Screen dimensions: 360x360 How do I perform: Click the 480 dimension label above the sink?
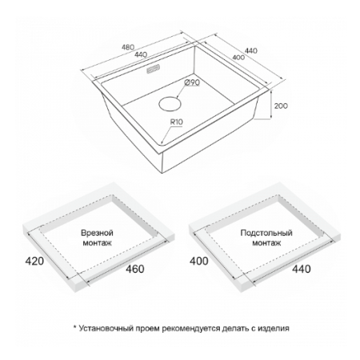tap(128, 47)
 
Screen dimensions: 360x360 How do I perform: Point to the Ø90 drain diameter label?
tap(192, 83)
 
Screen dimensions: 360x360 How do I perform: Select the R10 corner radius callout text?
tap(177, 122)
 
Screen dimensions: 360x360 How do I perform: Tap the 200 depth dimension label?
tap(281, 106)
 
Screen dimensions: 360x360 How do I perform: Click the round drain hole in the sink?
tap(170, 104)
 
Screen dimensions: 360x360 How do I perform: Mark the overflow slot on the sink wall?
tap(153, 68)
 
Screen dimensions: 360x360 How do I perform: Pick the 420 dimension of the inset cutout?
tap(34, 261)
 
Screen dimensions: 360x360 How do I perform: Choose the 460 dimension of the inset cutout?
tap(135, 269)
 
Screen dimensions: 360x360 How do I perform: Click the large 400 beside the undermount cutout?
tap(199, 261)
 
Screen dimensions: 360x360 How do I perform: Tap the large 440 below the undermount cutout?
tap(302, 269)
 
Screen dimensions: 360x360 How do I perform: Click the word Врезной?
tap(97, 233)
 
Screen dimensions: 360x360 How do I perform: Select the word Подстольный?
tap(266, 233)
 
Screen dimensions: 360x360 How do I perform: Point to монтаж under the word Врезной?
tap(97, 243)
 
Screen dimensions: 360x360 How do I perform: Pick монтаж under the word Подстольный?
tap(266, 243)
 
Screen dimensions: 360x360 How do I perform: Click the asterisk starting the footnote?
tap(75, 326)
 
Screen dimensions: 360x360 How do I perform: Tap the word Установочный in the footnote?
tap(106, 328)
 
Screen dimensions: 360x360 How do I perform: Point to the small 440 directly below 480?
tap(141, 54)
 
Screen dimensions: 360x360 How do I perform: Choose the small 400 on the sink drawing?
tap(238, 58)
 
